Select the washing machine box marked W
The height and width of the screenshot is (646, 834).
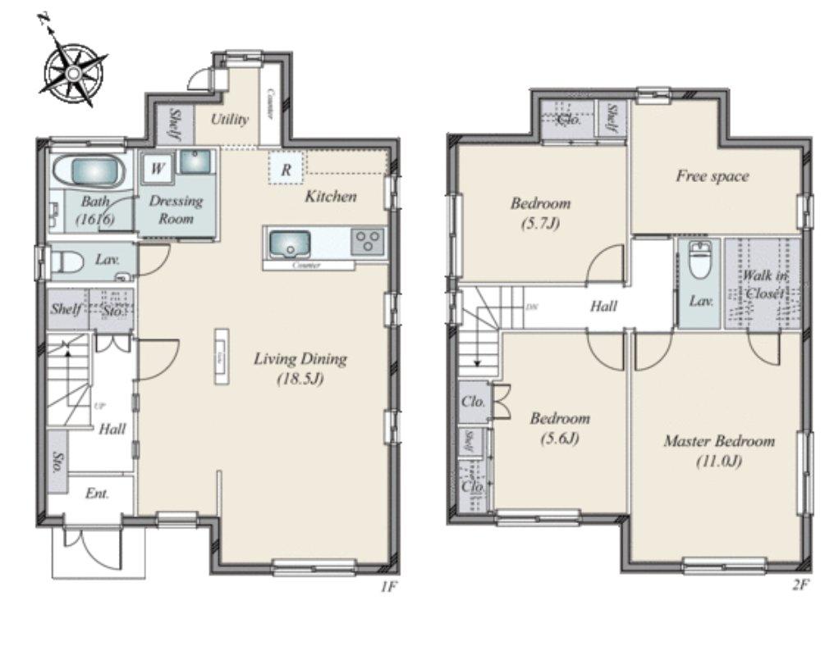[x=157, y=170]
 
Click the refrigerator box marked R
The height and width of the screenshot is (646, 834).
[x=286, y=170]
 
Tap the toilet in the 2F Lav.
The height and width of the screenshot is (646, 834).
[x=699, y=262]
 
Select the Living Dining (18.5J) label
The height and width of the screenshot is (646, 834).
[x=300, y=367]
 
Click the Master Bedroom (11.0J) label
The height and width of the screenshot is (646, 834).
[x=718, y=450]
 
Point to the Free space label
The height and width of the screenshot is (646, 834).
[x=712, y=175]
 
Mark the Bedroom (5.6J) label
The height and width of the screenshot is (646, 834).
[x=559, y=427]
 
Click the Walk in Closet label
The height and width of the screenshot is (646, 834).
[x=762, y=284]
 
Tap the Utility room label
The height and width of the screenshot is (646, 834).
[x=229, y=119]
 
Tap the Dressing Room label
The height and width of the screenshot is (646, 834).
[x=176, y=209]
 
